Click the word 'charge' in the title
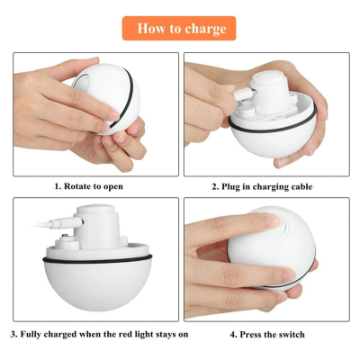tap(205, 29)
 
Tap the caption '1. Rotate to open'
tap(88, 186)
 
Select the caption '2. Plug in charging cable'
tap(266, 186)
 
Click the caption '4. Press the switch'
tap(266, 335)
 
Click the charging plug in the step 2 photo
tap(247, 92)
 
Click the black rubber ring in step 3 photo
tap(99, 262)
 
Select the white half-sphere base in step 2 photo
tap(265, 144)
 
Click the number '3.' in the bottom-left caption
tap(14, 335)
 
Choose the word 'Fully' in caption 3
tap(32, 335)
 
